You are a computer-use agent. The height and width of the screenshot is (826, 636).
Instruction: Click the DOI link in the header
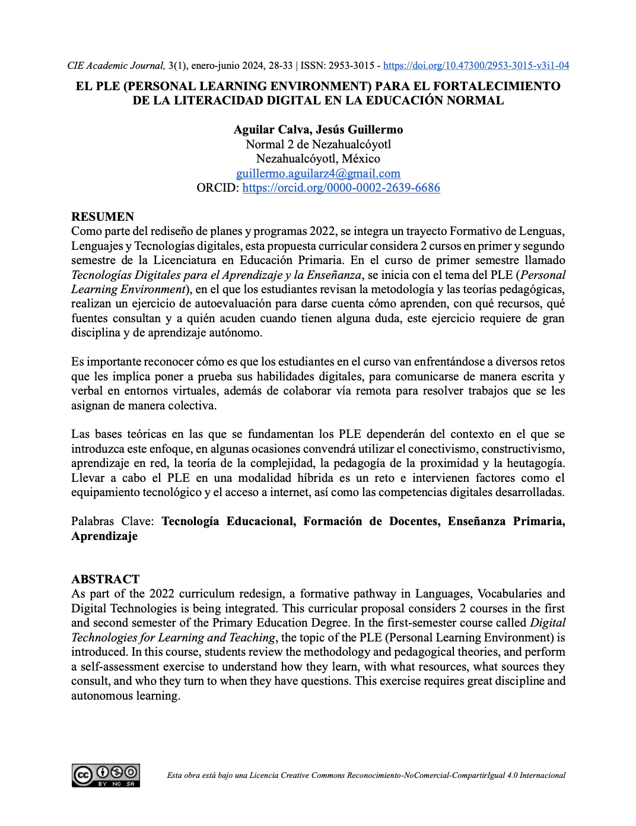click(x=476, y=66)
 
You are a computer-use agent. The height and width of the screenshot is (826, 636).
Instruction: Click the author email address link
click(x=318, y=173)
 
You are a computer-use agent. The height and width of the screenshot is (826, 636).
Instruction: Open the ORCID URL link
click(x=341, y=188)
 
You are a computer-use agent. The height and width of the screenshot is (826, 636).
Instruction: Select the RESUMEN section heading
click(x=103, y=217)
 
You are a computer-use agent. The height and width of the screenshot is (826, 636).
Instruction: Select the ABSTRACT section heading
click(x=106, y=579)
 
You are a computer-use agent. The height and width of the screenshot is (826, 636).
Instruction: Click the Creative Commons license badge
click(x=106, y=776)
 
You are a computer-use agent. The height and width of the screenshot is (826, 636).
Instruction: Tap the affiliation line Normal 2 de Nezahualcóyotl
click(x=318, y=144)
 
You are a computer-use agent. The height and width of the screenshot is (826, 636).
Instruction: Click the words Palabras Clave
click(x=112, y=522)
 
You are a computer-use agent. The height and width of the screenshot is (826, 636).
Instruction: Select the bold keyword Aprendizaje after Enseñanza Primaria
click(x=104, y=536)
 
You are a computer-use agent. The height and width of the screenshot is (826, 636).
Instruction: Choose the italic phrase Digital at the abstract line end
click(x=548, y=623)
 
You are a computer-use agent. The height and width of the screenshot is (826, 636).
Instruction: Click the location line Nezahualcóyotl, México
click(x=318, y=159)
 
